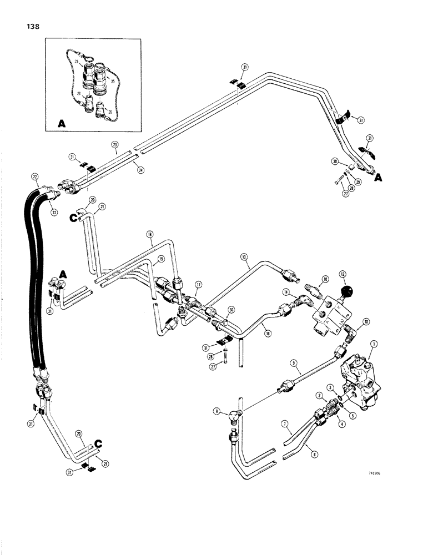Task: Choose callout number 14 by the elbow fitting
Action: [286, 292]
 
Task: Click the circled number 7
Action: [285, 424]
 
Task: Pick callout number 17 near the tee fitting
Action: [198, 284]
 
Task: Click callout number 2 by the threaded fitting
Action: [320, 395]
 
